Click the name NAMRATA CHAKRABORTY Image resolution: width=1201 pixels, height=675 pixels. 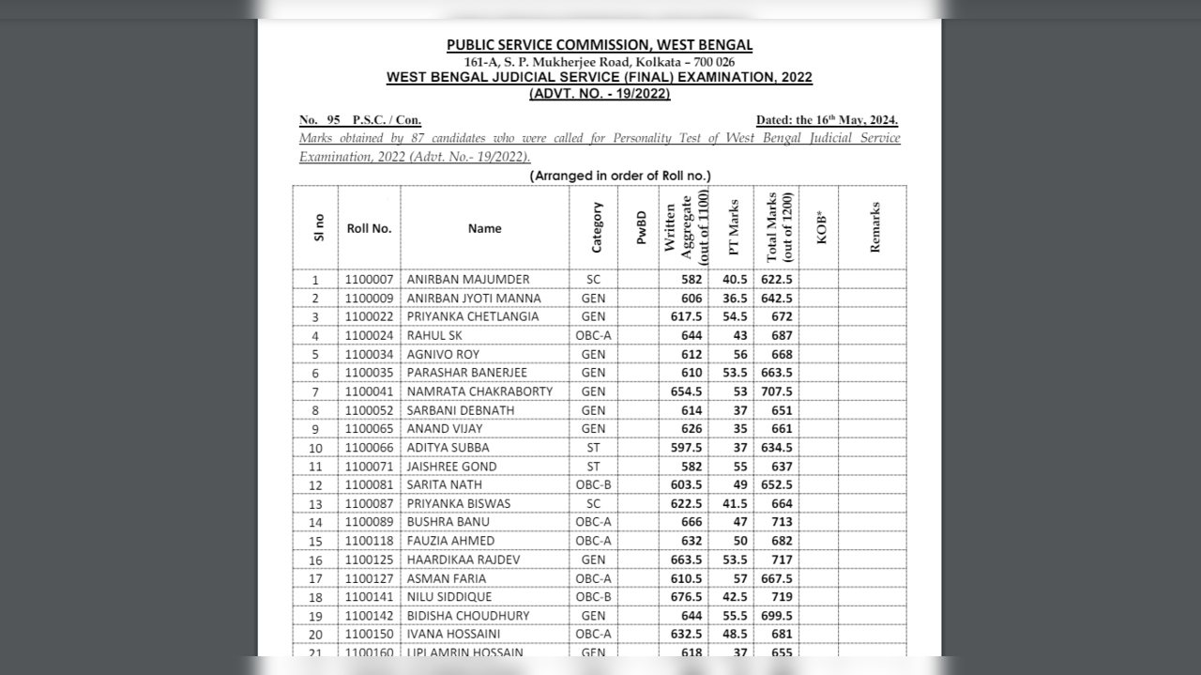(479, 391)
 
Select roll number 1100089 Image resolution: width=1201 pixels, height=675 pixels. (368, 522)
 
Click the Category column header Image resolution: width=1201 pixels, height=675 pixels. (597, 228)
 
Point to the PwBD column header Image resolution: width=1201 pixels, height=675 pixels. (642, 228)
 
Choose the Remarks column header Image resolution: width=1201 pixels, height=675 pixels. (874, 228)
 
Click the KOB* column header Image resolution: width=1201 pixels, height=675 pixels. (821, 228)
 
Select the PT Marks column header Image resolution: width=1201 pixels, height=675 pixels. (734, 228)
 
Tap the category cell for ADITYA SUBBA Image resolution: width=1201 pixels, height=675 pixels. (593, 448)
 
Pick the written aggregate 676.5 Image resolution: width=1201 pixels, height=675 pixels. (685, 597)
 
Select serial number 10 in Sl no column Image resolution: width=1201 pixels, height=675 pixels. (315, 448)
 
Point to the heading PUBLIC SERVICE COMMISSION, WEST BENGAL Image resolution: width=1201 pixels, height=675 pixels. (599, 45)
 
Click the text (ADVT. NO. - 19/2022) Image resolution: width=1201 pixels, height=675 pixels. (599, 94)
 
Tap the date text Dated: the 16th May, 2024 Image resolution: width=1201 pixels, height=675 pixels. (827, 120)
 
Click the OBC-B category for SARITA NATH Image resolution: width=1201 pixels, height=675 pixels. (593, 484)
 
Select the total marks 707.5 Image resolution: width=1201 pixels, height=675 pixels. (776, 391)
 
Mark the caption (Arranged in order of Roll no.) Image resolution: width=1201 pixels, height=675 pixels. (620, 176)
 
